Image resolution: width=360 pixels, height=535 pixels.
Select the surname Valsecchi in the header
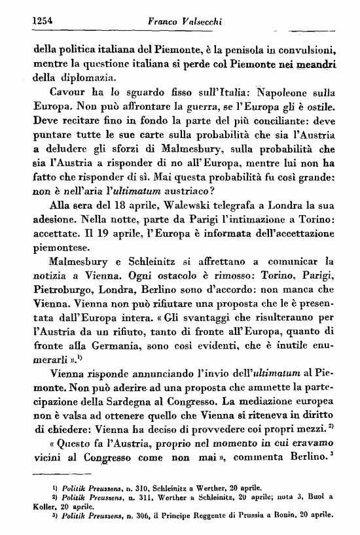[197, 22]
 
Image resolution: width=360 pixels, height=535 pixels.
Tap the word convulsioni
[304, 48]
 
